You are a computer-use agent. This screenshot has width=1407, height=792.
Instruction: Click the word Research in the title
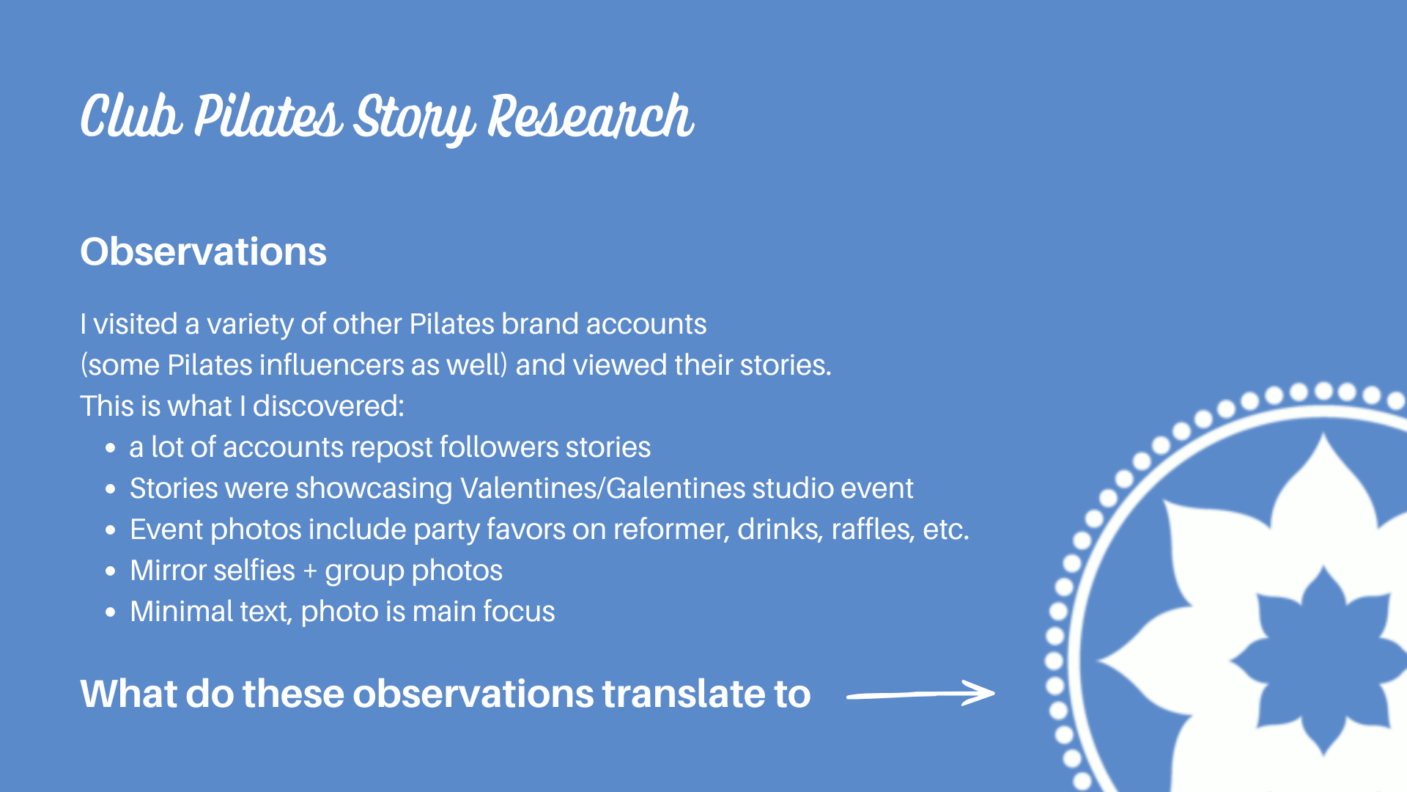591,117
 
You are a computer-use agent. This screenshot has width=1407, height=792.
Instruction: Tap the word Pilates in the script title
268,117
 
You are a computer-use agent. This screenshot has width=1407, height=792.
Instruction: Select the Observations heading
203,252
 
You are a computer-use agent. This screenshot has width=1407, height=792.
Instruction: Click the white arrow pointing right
921,693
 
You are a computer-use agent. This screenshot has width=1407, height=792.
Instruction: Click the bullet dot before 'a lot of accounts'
111,448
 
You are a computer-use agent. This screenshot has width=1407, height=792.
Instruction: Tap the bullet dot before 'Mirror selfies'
111,571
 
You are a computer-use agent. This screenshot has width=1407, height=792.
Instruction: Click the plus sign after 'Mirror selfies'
310,571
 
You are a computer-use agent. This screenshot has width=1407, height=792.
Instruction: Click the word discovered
328,406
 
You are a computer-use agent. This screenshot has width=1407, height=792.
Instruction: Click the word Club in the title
130,117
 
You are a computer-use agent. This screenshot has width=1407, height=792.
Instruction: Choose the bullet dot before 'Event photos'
111,530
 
